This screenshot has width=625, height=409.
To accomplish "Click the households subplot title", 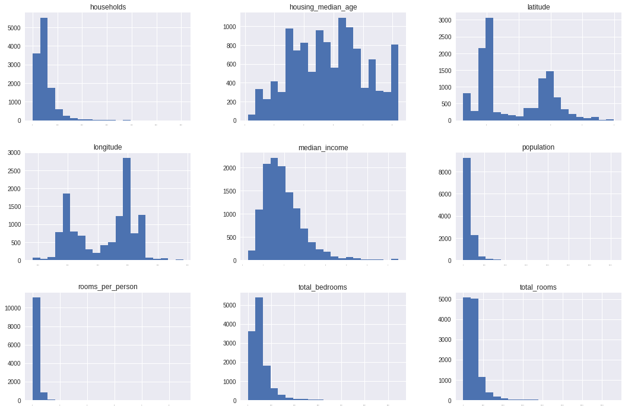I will click(x=108, y=7).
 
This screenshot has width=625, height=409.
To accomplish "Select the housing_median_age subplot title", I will click(x=323, y=7).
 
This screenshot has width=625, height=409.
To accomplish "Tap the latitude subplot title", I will click(x=538, y=7).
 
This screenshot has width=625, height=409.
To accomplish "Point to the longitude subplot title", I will click(x=108, y=147).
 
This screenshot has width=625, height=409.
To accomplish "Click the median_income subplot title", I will click(x=323, y=147).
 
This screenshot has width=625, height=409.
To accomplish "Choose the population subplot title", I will click(x=538, y=147).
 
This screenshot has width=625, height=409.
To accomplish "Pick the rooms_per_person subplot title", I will click(x=108, y=287).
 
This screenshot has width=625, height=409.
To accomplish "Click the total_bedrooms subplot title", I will click(x=323, y=287).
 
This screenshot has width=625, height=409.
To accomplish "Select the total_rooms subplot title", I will click(x=538, y=287).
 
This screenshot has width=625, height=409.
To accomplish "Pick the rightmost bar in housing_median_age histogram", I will click(x=395, y=83).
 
